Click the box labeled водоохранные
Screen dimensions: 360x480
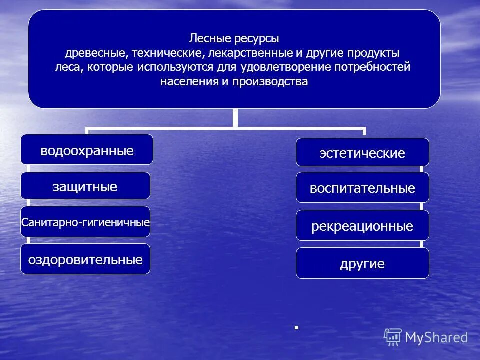87,150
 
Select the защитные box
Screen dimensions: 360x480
85,186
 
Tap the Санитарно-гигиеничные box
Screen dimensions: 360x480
85,221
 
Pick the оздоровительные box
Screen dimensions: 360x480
85,259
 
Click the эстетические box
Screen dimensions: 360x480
362,153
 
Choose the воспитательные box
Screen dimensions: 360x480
362,188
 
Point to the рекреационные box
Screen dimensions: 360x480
362,226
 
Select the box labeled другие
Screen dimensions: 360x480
362,263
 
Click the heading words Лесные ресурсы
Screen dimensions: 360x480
234,38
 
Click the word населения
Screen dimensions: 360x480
187,81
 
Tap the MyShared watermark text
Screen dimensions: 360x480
436,337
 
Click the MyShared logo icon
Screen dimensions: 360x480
393,337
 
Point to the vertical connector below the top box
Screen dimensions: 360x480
234,118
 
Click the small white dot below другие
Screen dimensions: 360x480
296,327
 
